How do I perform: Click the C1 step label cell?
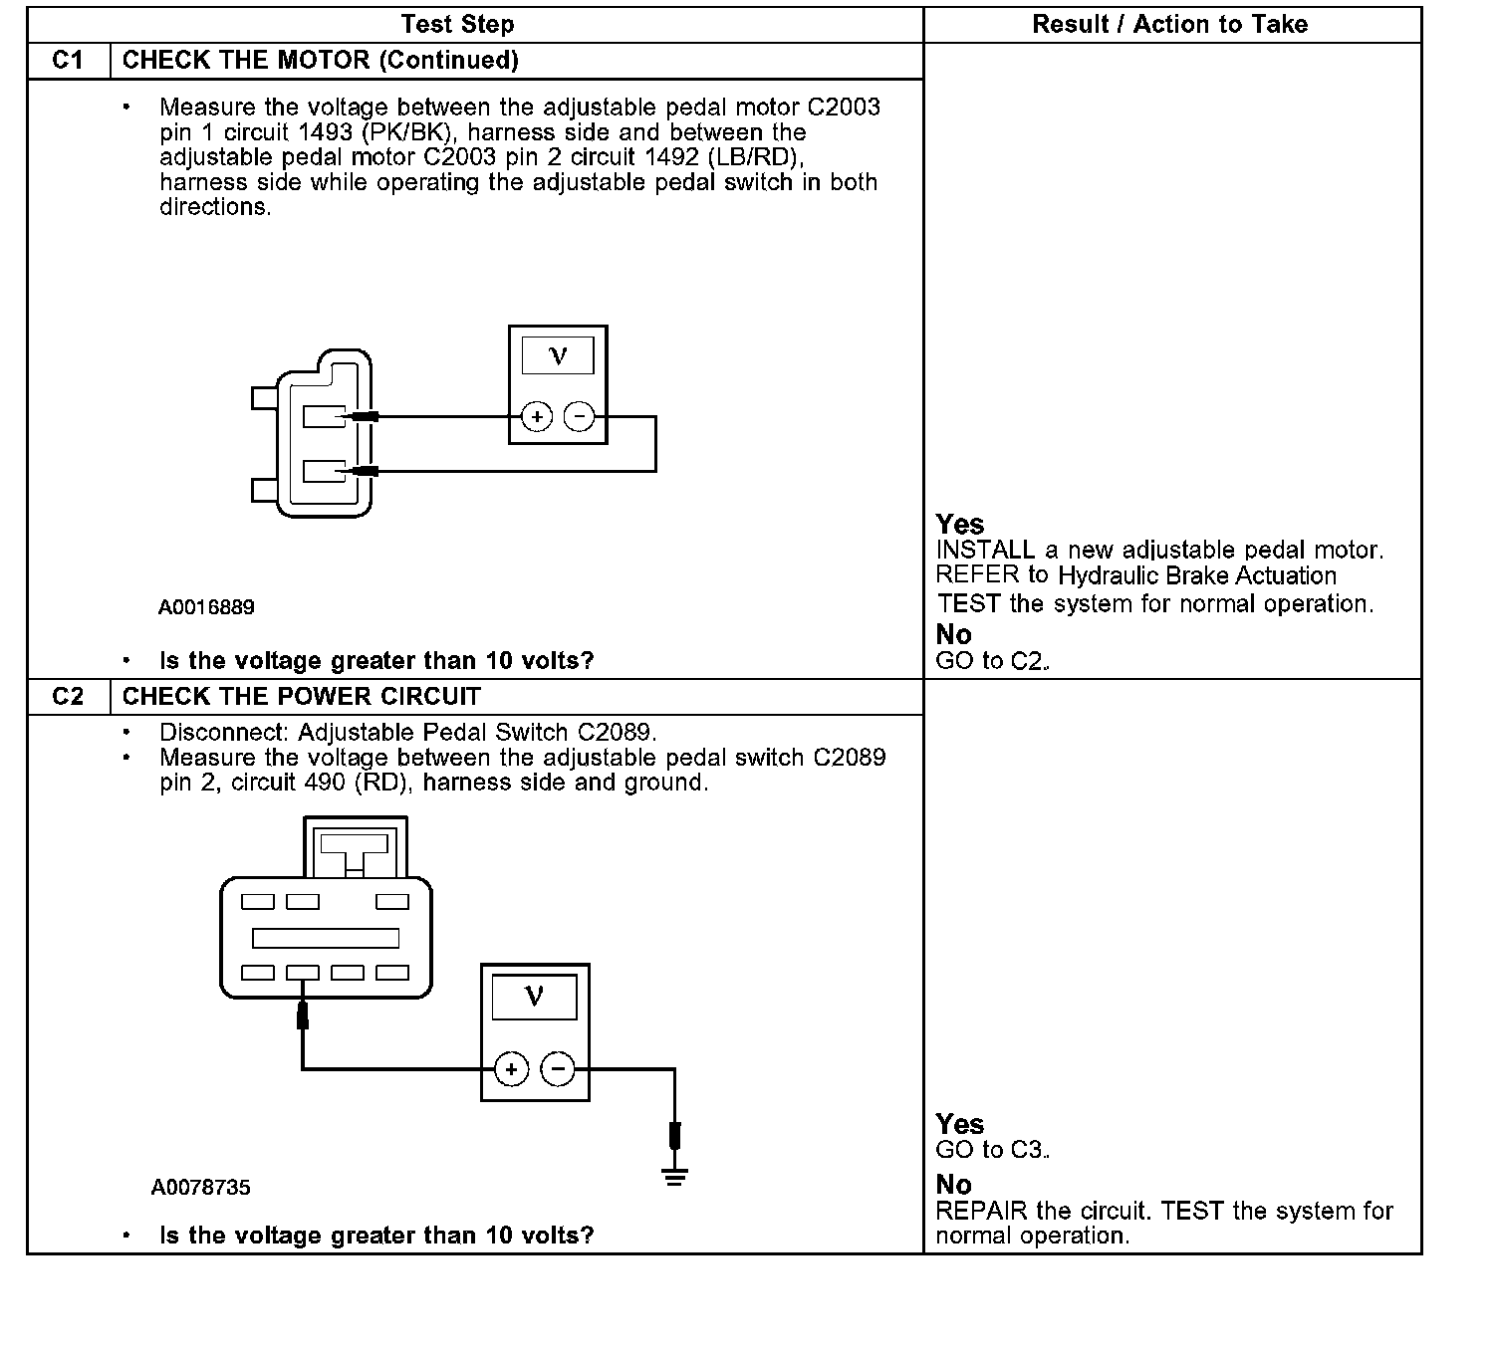[68, 61]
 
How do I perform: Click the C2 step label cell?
[68, 696]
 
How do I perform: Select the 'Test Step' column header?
[457, 24]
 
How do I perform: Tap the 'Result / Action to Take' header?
[1170, 24]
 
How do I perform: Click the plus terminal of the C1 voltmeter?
[536, 416]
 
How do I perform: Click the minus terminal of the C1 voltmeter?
[580, 416]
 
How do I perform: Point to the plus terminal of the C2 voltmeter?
[511, 1070]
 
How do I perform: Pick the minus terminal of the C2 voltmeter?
[557, 1070]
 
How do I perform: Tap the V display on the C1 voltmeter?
[558, 355]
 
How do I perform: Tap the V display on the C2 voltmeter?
[534, 997]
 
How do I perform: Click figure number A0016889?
[206, 606]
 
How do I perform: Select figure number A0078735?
[201, 1187]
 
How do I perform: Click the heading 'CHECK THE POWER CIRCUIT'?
[301, 696]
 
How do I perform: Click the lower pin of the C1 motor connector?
[324, 470]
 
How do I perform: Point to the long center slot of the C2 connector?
[326, 938]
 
